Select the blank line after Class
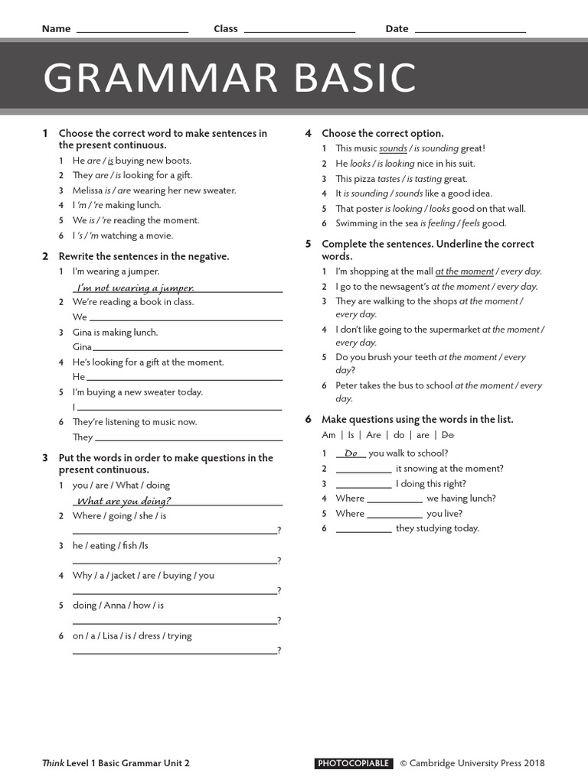pos(299,31)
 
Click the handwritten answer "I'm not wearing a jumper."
pos(135,288)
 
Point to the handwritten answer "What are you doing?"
pos(124,501)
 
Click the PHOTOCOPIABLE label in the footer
pos(354,763)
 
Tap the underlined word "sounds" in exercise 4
pos(393,148)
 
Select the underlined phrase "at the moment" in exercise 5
pos(464,271)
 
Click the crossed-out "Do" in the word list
pos(448,435)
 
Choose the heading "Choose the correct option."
pos(382,133)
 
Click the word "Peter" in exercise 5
pos(348,385)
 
